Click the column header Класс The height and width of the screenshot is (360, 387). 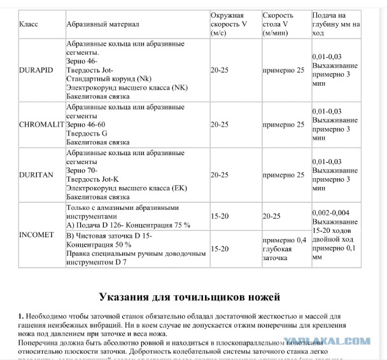coord(29,24)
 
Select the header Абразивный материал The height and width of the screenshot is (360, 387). coord(102,24)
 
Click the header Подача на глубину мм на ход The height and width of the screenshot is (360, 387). coord(336,24)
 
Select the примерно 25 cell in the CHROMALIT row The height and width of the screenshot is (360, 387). coord(283,125)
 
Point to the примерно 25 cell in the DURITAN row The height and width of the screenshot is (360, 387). coord(283,174)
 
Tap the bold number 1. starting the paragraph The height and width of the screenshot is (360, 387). coord(21,316)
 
